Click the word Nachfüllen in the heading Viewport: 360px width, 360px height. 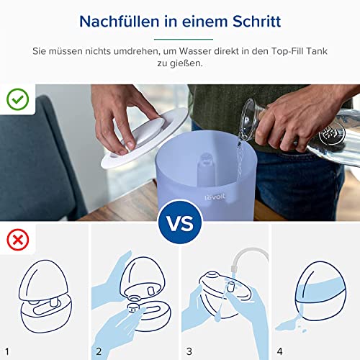[120, 22]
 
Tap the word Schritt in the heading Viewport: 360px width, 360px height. [256, 22]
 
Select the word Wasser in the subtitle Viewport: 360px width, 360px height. [194, 51]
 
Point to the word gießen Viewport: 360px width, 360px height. [180, 63]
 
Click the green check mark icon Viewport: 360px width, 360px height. [18, 99]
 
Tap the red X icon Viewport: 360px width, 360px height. [18, 240]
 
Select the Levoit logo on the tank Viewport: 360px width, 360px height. [215, 197]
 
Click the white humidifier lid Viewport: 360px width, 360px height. [144, 139]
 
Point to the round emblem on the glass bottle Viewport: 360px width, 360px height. [332, 133]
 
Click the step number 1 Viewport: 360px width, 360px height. [7, 351]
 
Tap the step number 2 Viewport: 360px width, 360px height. [99, 351]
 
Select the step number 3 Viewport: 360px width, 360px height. [189, 351]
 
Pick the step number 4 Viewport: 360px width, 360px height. [279, 351]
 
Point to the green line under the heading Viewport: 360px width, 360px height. [184, 39]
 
